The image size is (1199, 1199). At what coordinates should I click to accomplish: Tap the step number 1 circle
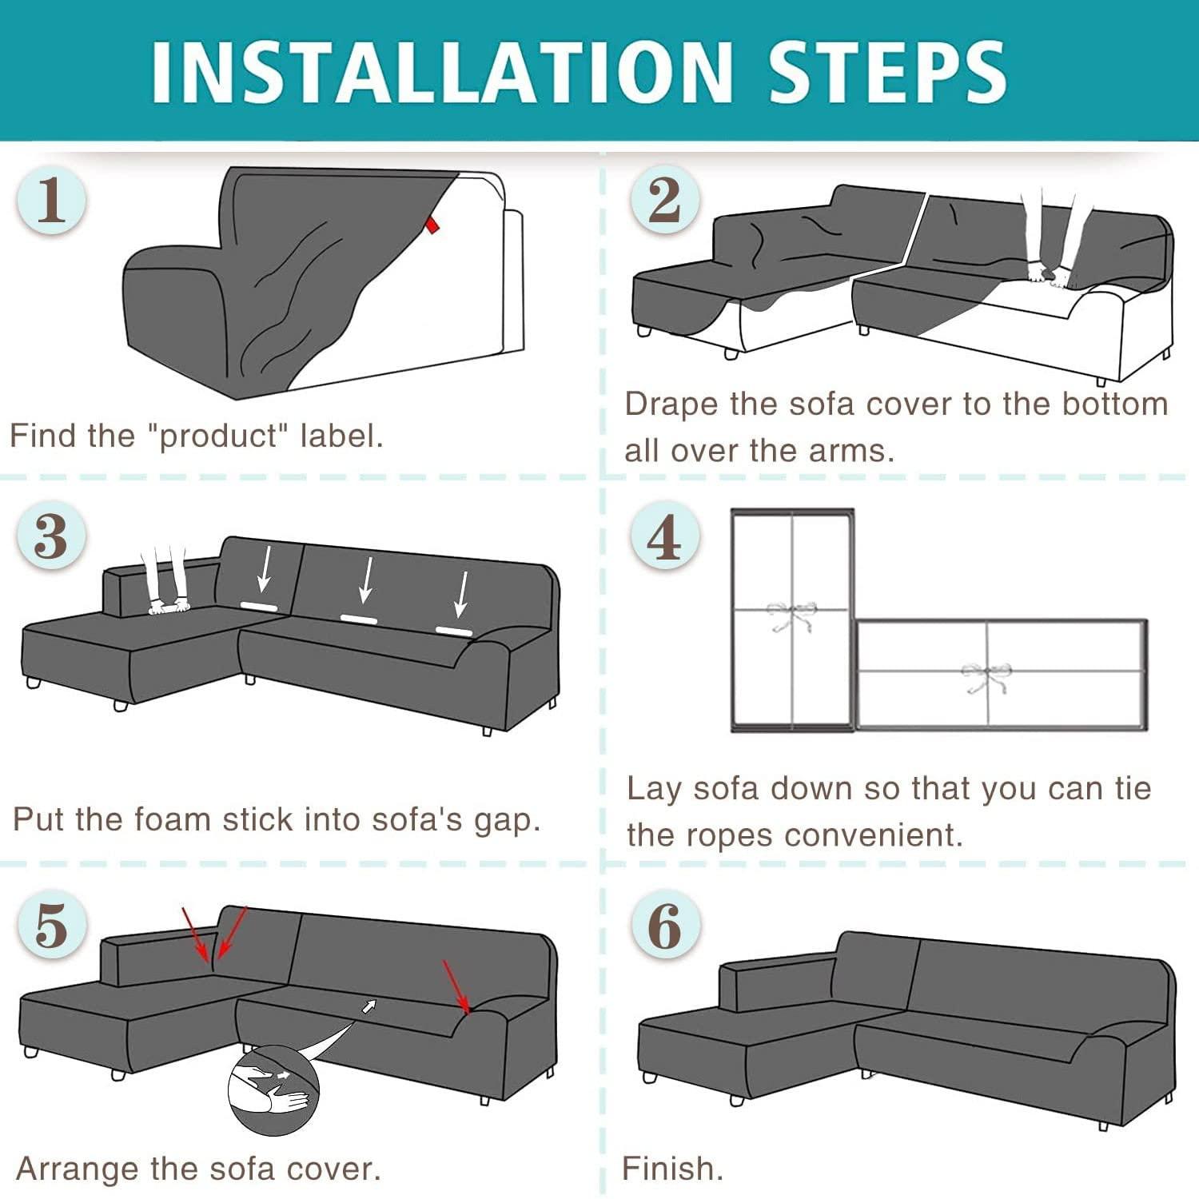[x=51, y=199]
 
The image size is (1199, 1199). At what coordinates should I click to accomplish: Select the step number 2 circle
[x=664, y=199]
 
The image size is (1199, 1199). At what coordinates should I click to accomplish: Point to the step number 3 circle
[x=51, y=535]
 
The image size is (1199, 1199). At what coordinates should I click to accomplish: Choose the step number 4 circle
[x=664, y=535]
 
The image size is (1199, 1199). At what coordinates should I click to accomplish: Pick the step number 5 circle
[x=51, y=926]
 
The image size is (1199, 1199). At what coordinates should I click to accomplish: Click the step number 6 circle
[x=664, y=926]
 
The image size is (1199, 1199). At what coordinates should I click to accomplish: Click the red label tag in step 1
[x=432, y=224]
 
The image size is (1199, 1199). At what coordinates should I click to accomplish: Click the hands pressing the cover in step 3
[x=169, y=606]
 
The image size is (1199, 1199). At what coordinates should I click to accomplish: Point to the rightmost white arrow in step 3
[x=462, y=594]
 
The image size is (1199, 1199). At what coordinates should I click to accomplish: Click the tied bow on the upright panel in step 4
[x=791, y=615]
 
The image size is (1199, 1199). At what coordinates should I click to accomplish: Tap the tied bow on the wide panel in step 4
[x=986, y=675]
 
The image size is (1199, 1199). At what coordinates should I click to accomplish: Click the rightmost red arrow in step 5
[x=456, y=986]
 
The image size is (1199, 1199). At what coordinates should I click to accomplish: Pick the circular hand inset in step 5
[x=273, y=1090]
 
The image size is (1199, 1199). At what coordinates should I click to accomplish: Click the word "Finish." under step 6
[x=673, y=1169]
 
